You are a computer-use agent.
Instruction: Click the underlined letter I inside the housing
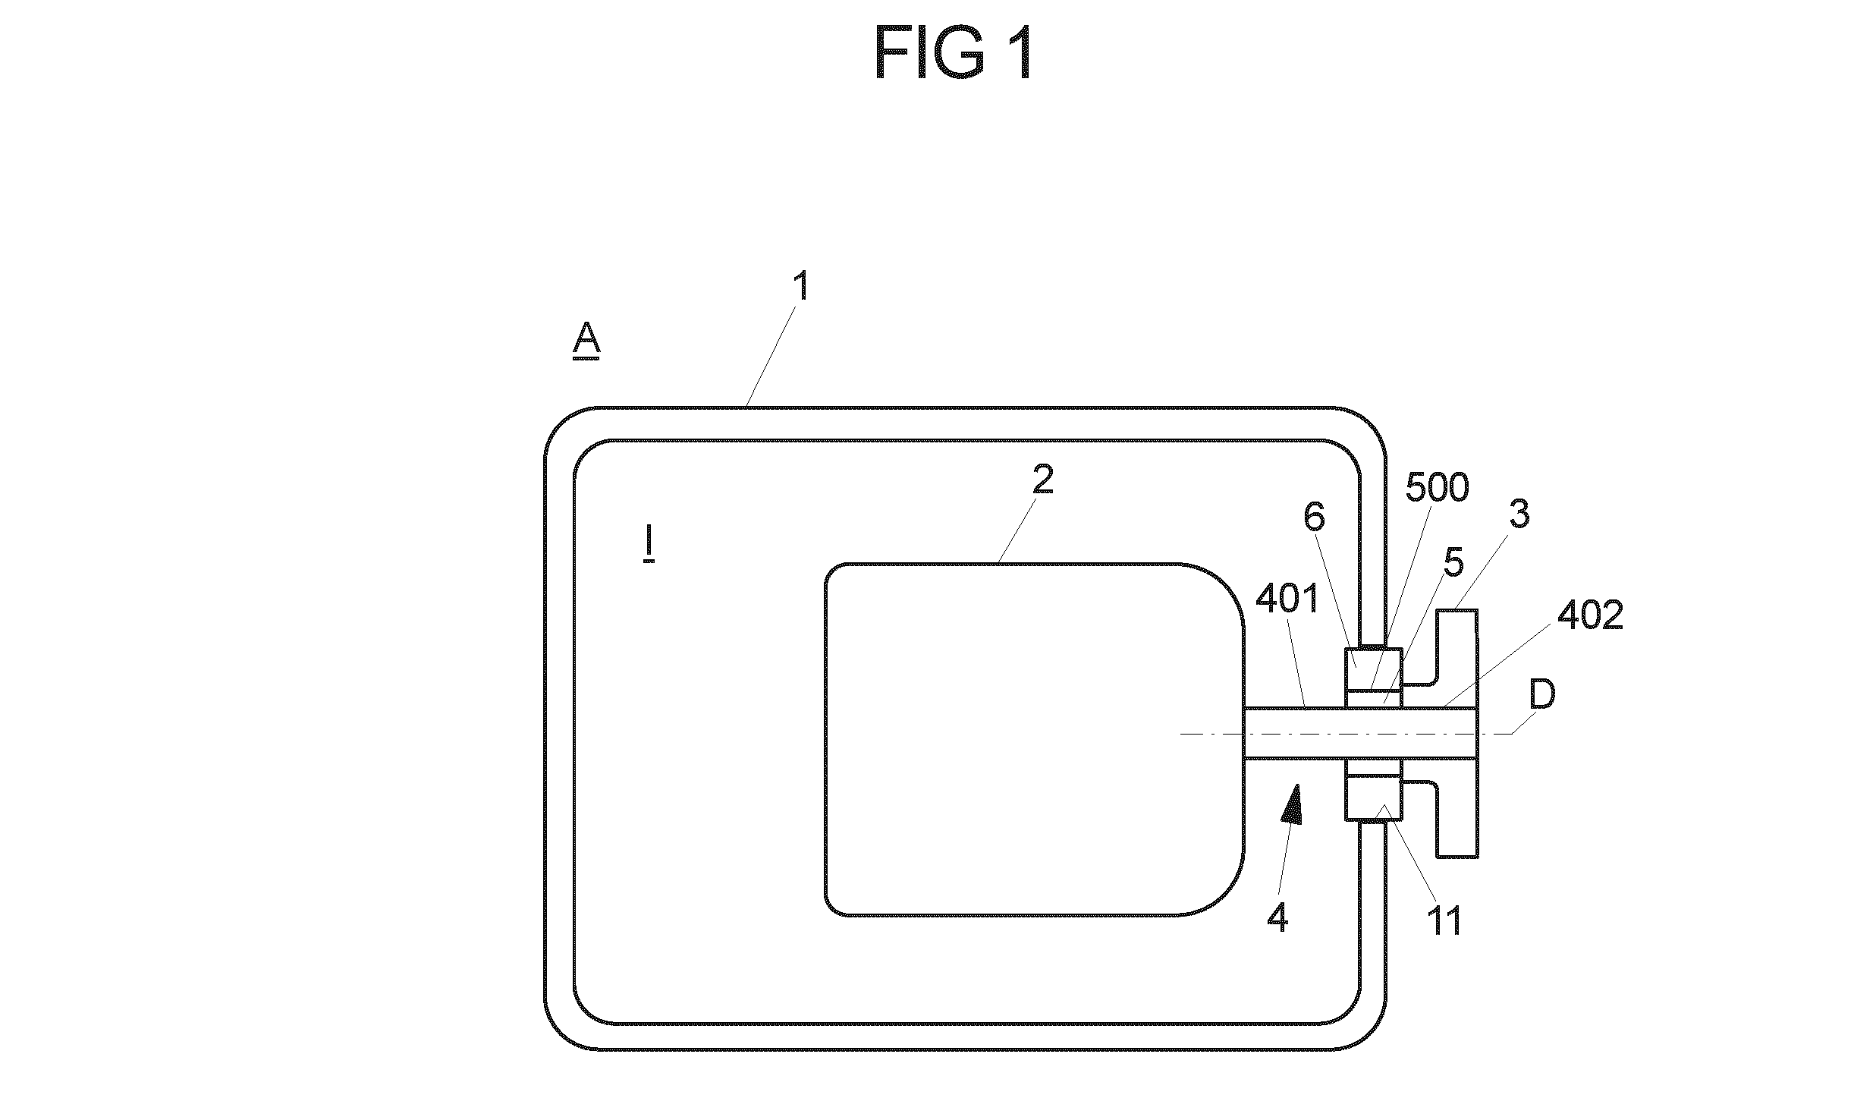pos(649,546)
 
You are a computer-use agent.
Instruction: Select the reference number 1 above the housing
pos(801,288)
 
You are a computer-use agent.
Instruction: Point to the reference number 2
pos(1043,480)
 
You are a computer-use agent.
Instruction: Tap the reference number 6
pos(1314,518)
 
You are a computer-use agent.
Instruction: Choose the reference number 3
pos(1519,514)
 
